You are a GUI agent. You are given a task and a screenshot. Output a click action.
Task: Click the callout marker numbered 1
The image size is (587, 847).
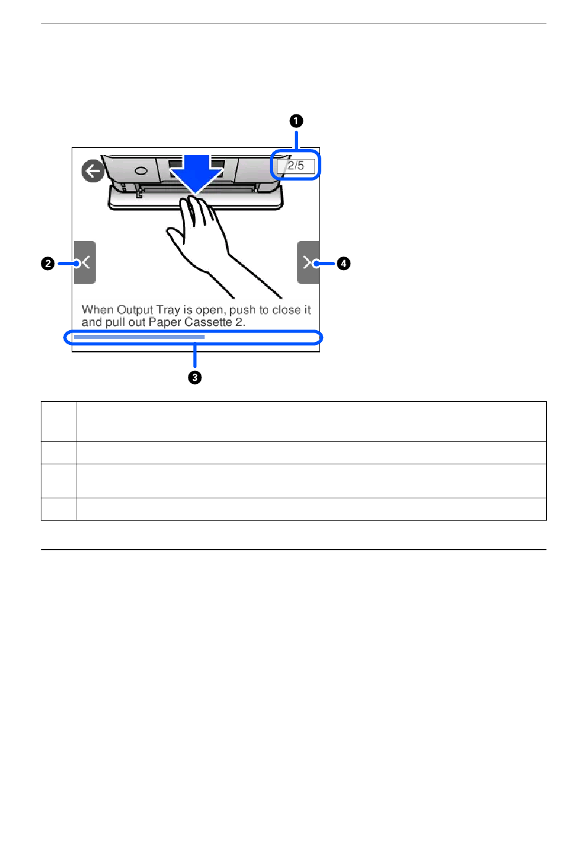coord(296,121)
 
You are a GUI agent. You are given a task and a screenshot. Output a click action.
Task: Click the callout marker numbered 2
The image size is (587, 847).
coord(48,263)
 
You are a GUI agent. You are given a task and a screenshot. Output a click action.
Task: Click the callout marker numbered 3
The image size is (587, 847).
coord(195,377)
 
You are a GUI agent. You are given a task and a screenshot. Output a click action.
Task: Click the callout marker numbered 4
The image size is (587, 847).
coord(344,263)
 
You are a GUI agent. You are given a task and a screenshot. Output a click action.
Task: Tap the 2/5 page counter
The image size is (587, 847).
coord(296,166)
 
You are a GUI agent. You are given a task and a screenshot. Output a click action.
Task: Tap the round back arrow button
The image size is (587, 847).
coord(93,171)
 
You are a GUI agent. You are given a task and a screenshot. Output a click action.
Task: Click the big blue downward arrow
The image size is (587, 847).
coord(196,174)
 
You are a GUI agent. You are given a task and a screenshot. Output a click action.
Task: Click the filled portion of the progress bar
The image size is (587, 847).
coord(139,337)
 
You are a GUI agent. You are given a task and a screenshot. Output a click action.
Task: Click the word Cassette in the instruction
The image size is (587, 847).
coord(208,322)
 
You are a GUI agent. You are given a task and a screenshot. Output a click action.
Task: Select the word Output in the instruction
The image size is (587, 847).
coord(135,310)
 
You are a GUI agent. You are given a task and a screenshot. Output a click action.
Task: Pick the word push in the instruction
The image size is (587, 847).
coord(242,310)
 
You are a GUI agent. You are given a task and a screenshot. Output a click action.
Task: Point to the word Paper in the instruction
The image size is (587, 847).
coord(165,322)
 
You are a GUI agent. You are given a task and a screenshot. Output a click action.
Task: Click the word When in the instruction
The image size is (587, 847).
coord(98,310)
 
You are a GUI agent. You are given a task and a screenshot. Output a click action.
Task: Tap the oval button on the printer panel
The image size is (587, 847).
coord(140,170)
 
